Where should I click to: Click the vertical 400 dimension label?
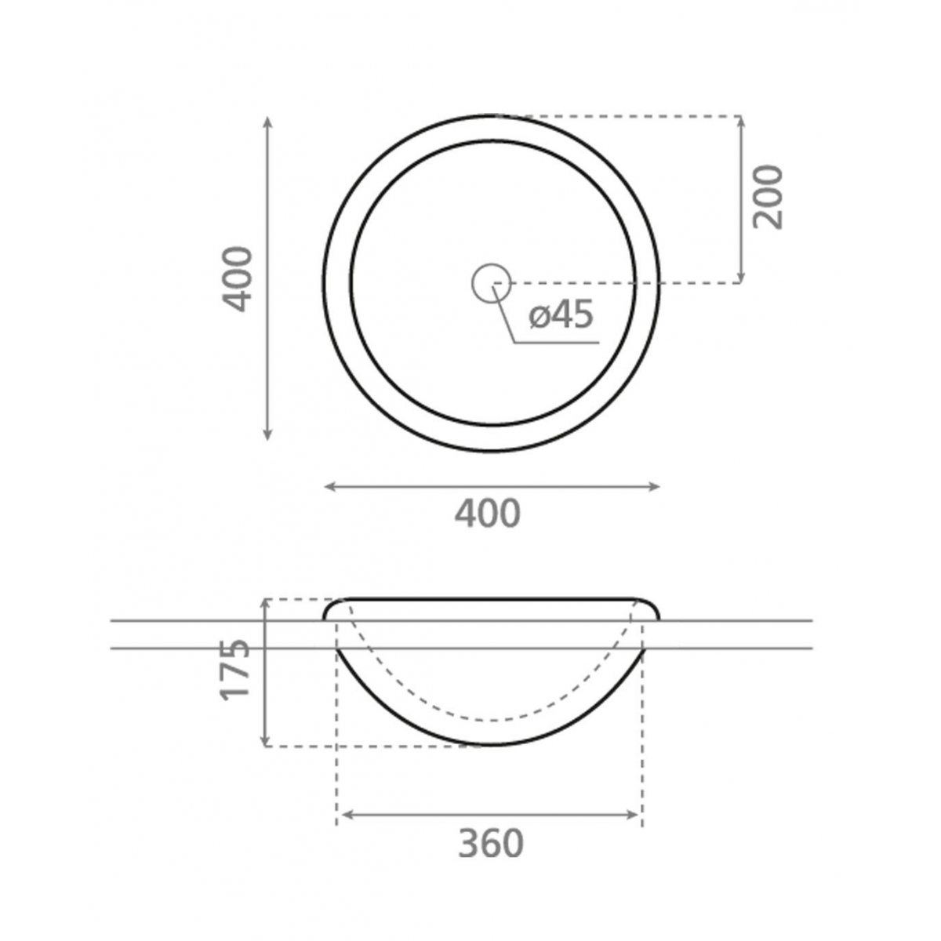(x=238, y=278)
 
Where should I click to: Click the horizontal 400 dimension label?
(x=487, y=514)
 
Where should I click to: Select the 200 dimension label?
(x=768, y=196)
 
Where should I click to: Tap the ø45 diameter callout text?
(x=561, y=315)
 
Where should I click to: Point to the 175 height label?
(x=234, y=669)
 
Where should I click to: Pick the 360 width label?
(x=490, y=844)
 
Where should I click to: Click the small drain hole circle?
(x=492, y=282)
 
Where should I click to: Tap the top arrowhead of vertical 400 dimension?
(x=268, y=121)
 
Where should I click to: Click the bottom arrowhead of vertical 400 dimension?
(x=268, y=435)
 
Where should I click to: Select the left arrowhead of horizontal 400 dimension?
(x=329, y=487)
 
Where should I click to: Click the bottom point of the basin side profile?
(x=490, y=743)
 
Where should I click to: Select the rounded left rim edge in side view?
(x=330, y=608)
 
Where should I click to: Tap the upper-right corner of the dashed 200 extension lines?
(x=741, y=116)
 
